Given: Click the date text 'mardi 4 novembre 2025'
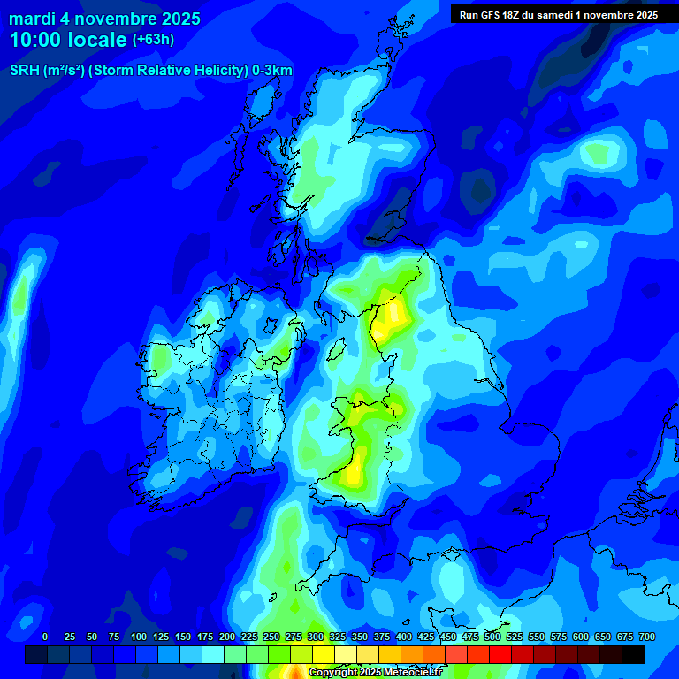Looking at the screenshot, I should tap(104, 19).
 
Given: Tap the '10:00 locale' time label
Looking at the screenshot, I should tap(68, 40).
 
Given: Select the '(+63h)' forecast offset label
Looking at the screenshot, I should tap(153, 40).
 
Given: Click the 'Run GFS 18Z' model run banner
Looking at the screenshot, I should tap(558, 15).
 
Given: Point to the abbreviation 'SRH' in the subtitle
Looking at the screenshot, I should tap(24, 71).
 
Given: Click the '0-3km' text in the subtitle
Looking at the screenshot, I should tap(272, 71).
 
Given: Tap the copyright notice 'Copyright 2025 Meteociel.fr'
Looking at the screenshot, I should tap(375, 673).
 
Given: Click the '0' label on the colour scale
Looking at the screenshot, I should tap(45, 637).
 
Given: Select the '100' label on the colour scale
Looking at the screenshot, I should tap(139, 637).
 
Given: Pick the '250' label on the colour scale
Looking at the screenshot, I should tap(271, 637).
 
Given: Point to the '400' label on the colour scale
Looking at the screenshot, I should tap(404, 637).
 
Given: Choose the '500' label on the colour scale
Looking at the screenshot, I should tap(492, 637).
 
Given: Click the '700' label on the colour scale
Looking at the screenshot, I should tap(647, 637).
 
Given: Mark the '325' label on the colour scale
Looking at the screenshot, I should tap(338, 637).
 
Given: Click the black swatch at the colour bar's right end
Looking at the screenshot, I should tap(633, 654).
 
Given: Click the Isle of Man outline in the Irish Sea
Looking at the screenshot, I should tap(335, 350).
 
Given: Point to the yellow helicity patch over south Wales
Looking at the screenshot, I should tap(355, 469).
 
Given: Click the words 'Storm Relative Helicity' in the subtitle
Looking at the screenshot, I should tap(168, 71).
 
